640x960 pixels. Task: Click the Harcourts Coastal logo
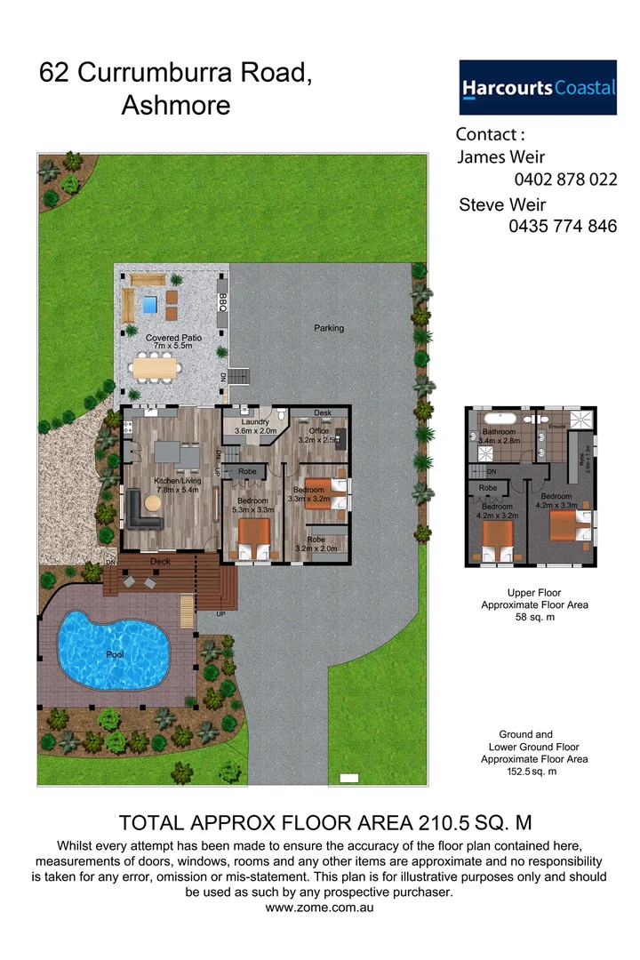coord(537,87)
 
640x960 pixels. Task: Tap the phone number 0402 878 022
coord(564,180)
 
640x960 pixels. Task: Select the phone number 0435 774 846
coord(563,227)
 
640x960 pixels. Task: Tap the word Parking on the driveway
coord(329,328)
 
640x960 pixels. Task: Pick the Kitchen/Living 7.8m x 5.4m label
coord(178,485)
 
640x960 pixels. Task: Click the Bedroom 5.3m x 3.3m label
coord(252,506)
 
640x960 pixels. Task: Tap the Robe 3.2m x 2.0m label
coord(316,544)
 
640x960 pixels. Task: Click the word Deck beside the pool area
coord(160,562)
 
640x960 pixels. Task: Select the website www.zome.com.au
coord(319,908)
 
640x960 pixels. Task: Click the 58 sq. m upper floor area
coord(533,617)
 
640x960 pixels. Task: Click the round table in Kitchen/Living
coord(153,502)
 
